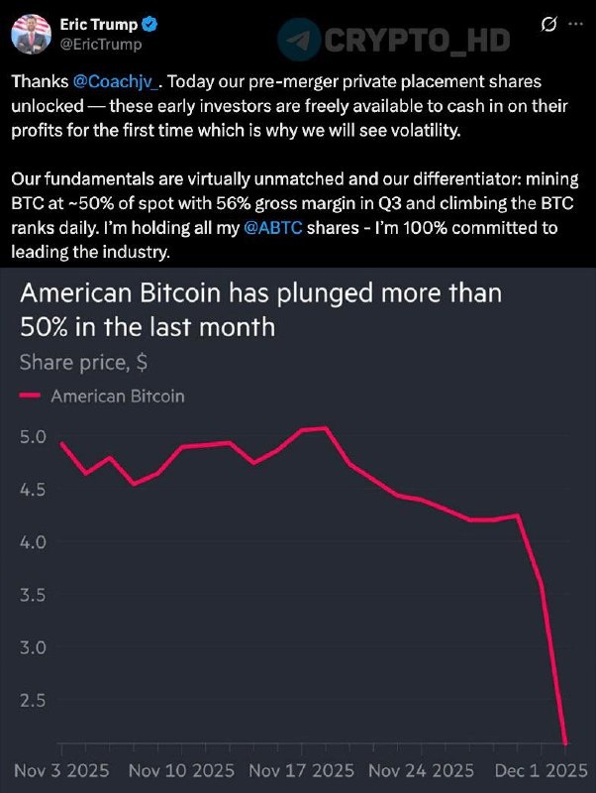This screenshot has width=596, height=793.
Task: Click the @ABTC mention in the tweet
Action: point(271,227)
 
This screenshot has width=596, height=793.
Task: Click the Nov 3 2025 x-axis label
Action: point(60,770)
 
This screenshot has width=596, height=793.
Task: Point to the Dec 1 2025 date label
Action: point(536,770)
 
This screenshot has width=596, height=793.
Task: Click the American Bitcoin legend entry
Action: point(117,396)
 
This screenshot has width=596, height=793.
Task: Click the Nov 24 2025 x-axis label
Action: point(420,770)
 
